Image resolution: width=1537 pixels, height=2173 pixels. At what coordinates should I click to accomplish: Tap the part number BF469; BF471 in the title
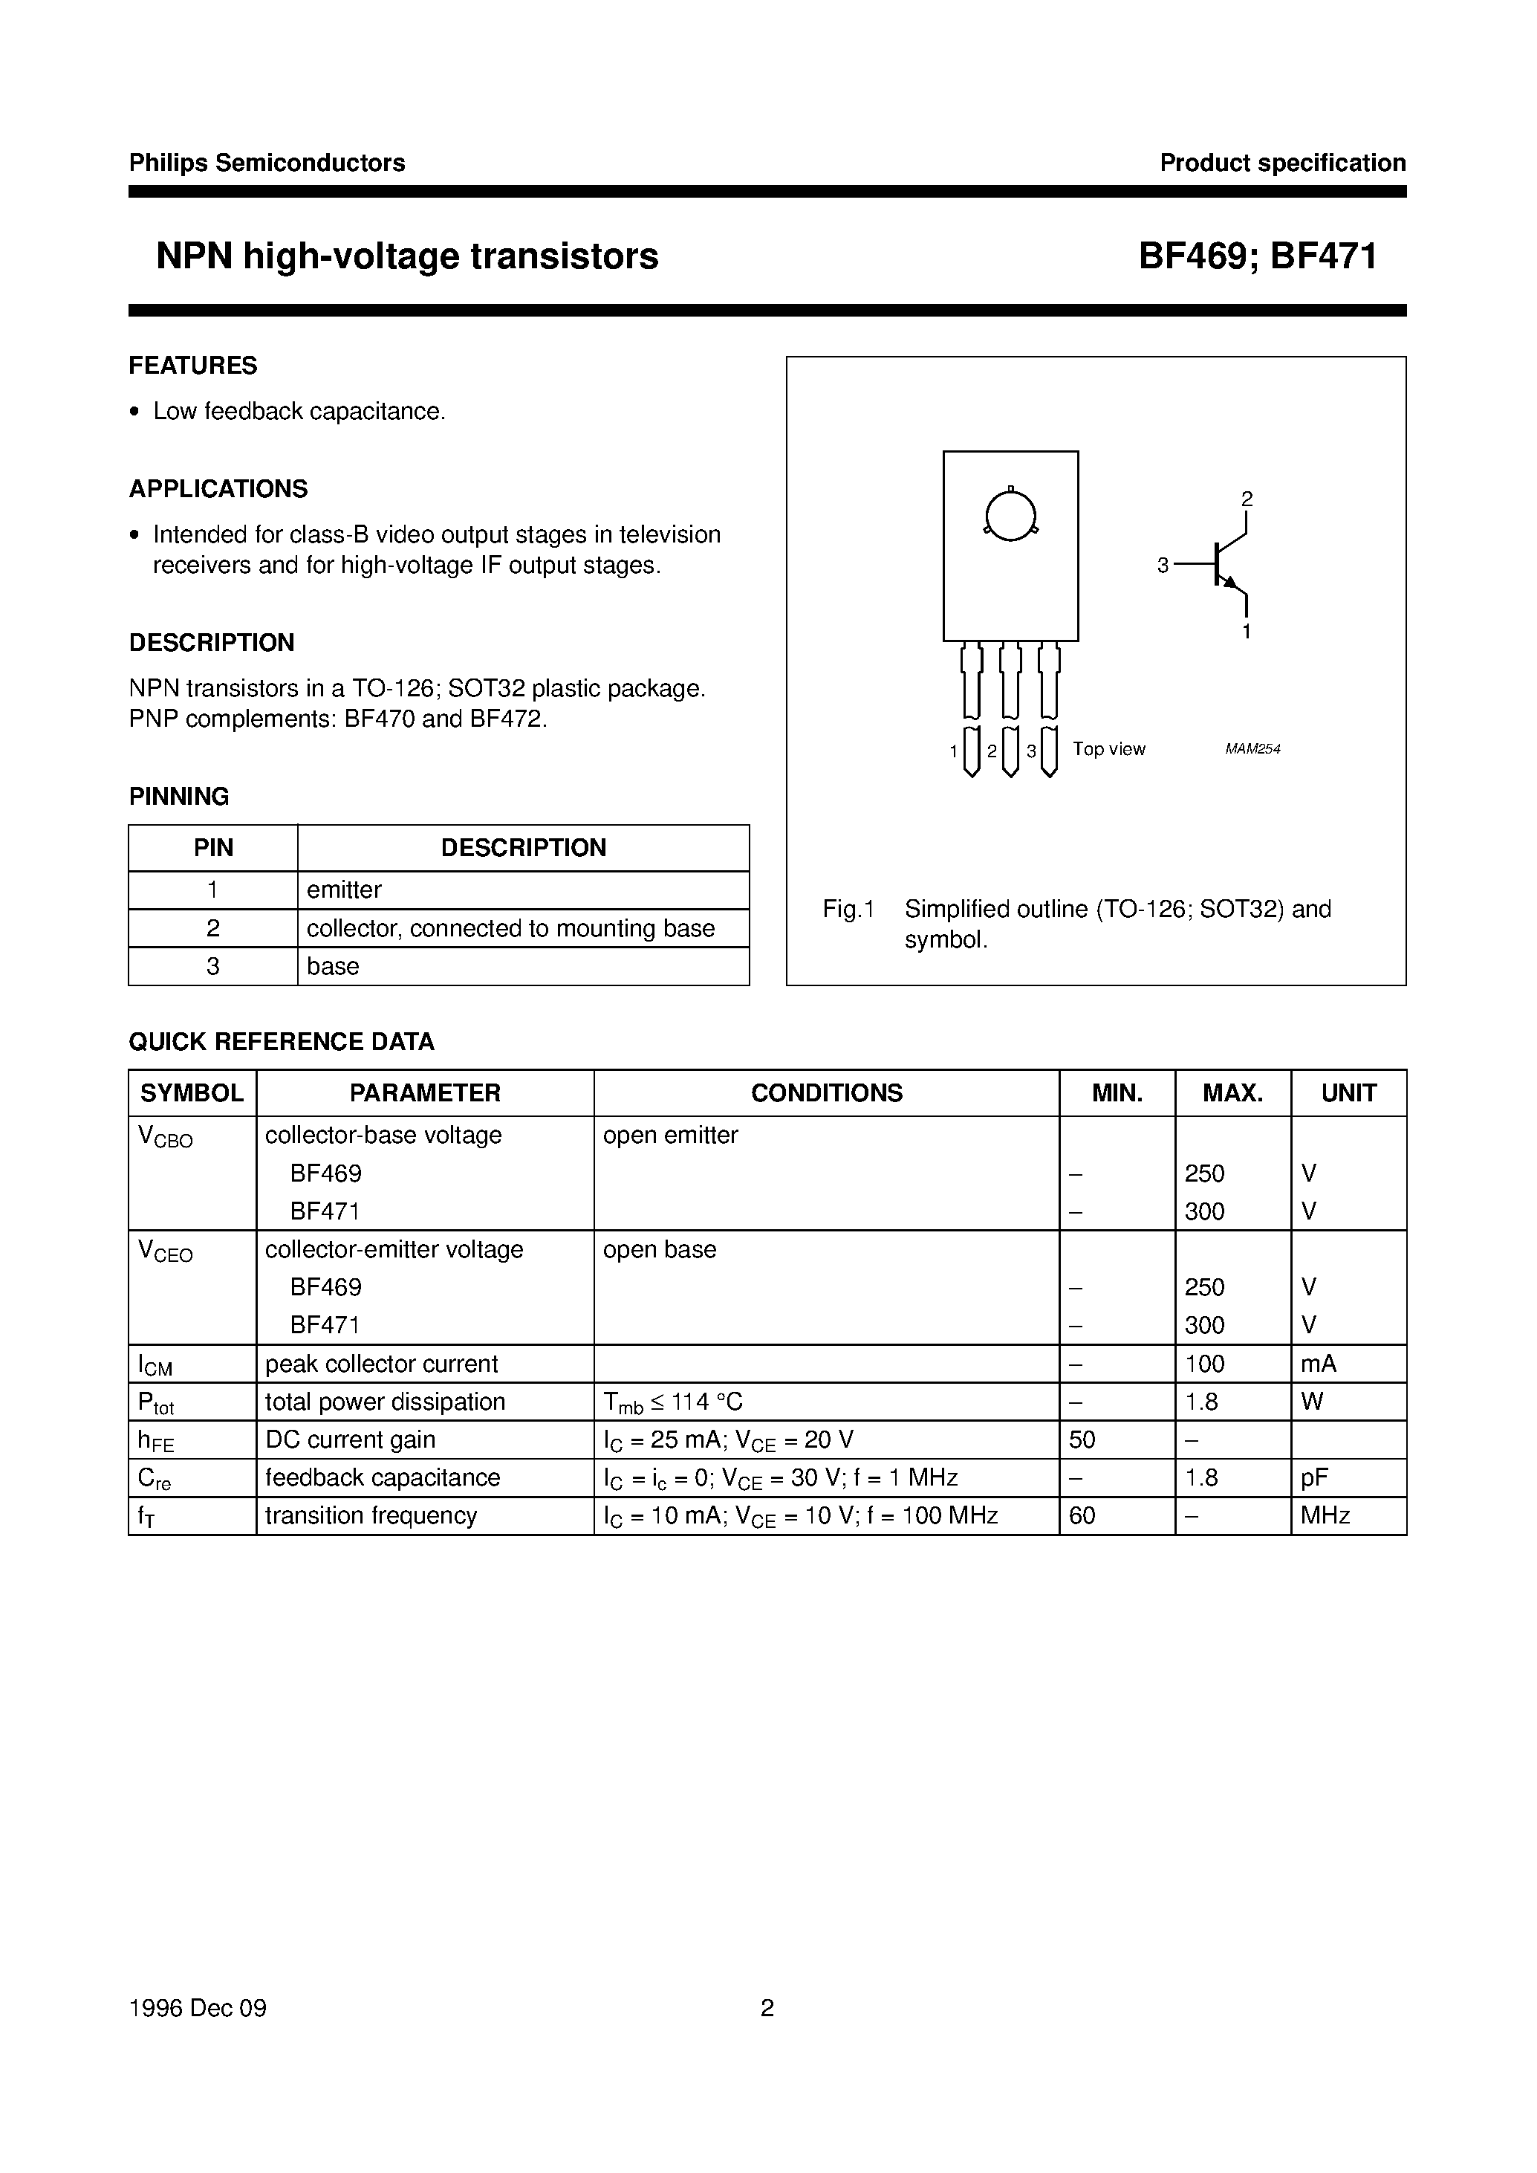(1257, 256)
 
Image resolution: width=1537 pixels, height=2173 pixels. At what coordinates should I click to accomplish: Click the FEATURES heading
(193, 366)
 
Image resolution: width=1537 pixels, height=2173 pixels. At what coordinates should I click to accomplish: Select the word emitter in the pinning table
(343, 890)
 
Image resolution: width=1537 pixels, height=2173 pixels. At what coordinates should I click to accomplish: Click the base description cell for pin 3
(333, 967)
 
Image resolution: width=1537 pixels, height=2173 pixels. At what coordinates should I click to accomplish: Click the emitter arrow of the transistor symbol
(1230, 583)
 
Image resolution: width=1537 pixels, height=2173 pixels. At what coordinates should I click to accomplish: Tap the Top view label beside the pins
(1108, 749)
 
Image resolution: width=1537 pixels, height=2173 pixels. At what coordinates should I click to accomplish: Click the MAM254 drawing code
(1252, 749)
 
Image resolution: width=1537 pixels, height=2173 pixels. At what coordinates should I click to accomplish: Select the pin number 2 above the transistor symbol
(1247, 499)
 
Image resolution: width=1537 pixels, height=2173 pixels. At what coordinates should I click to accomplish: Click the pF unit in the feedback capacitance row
(1315, 1477)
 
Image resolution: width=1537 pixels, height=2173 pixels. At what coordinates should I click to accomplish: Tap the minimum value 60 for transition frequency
(1082, 1515)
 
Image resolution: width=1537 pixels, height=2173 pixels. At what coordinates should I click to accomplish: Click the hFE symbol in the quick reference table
(156, 1440)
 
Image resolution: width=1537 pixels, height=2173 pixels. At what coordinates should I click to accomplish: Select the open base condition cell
(660, 1249)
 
